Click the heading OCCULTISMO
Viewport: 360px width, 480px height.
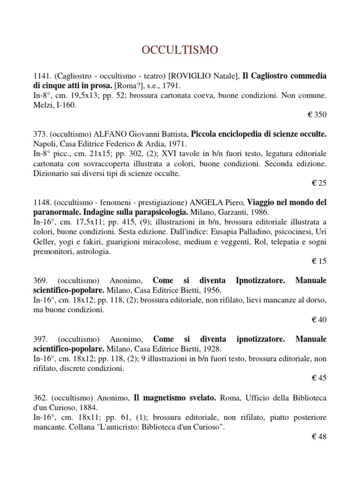pos(180,50)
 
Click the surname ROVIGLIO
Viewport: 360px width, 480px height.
pos(192,76)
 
